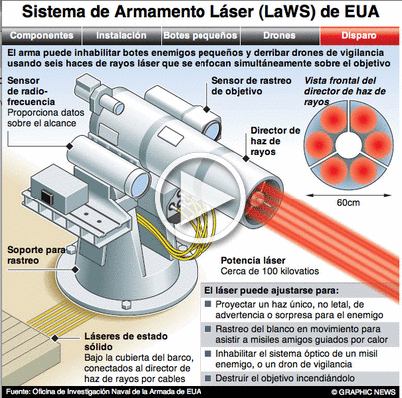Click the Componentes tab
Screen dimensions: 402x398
pyautogui.click(x=41, y=36)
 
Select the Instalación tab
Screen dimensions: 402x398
pyautogui.click(x=121, y=36)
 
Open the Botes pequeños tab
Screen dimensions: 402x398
pyautogui.click(x=201, y=36)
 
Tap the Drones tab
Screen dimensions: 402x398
pyautogui.click(x=280, y=36)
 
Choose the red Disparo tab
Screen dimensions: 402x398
pyautogui.click(x=359, y=36)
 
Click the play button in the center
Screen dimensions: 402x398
pyautogui.click(x=201, y=199)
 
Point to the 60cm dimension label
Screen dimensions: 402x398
pyautogui.click(x=348, y=202)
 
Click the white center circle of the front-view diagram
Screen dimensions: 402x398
pyautogui.click(x=348, y=144)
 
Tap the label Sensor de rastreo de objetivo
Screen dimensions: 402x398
pyautogui.click(x=251, y=86)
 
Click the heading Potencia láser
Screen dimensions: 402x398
pyautogui.click(x=253, y=261)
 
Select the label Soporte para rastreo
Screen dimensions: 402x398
pyautogui.click(x=36, y=255)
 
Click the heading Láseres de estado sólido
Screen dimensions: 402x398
pyautogui.click(x=126, y=341)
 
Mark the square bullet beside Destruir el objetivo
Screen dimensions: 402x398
pyautogui.click(x=208, y=378)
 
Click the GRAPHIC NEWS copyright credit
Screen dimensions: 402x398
pyautogui.click(x=363, y=392)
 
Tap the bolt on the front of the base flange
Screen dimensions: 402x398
pyautogui.click(x=126, y=304)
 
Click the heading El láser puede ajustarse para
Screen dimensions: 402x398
pyautogui.click(x=271, y=291)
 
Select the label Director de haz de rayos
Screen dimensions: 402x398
pyautogui.click(x=275, y=141)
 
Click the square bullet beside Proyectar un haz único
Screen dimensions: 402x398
pyautogui.click(x=208, y=304)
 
